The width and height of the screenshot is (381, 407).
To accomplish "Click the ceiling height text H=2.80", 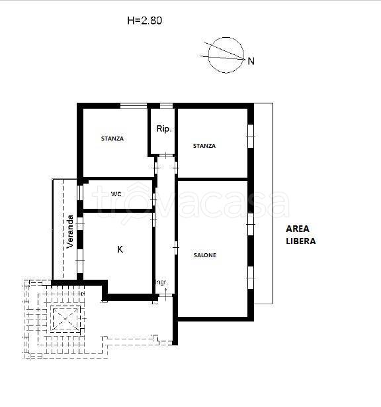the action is pos(144,21).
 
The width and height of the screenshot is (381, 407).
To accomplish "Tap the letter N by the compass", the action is pos(251,61).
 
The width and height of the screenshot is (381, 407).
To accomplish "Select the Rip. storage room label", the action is pos(164,129).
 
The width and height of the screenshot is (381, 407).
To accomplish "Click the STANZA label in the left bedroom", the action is pos(112,139).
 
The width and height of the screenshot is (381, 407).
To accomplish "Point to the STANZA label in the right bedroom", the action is pos(204,146).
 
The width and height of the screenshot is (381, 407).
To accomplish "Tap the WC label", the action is pos(116,194).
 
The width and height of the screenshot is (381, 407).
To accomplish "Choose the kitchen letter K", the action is pos(120,249).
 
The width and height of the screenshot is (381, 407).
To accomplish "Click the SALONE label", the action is pos(205,255).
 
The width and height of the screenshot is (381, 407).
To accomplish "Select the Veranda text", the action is pos(70,231).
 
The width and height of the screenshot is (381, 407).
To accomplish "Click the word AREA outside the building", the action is pos(298,229).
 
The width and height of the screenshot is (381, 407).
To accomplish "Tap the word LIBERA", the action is pos(301,241).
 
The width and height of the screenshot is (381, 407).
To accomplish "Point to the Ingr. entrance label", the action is pos(163,282).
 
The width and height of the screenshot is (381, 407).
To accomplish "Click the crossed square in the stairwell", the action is pos(65,319).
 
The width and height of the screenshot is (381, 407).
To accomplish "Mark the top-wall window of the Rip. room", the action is pos(166,105).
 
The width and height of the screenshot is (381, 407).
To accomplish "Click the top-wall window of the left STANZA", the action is pos(134,105).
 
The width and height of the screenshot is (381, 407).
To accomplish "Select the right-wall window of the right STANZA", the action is pos(251,137).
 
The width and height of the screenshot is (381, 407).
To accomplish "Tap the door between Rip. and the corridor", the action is pos(166,156).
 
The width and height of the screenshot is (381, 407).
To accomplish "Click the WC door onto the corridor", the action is pos(153,200).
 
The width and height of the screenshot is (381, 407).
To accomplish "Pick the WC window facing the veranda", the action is pos(80,193).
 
